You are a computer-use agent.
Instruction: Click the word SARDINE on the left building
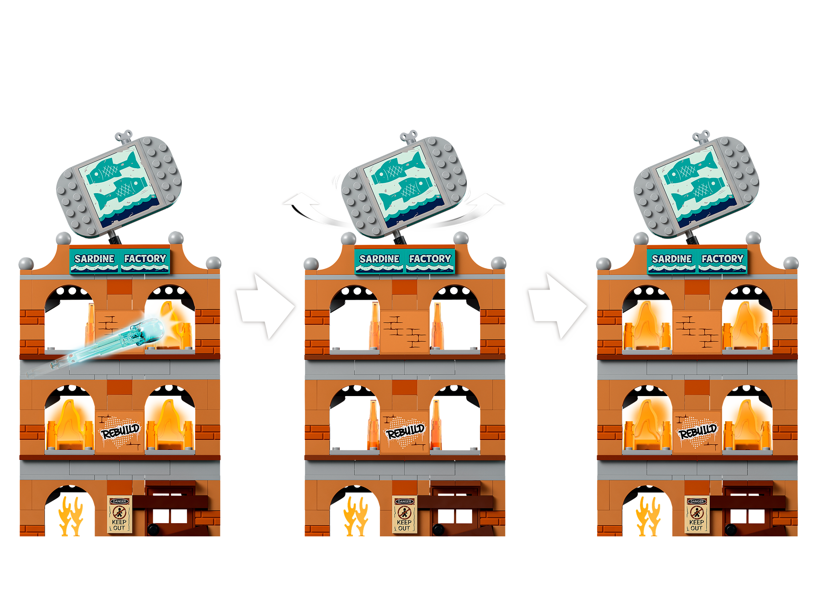click(x=94, y=258)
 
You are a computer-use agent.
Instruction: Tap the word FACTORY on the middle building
click(x=430, y=258)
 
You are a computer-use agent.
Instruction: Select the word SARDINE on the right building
click(x=672, y=258)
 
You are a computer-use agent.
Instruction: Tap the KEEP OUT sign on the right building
click(x=696, y=514)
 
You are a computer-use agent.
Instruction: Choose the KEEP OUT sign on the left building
click(x=119, y=514)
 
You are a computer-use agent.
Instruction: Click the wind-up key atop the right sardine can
click(x=701, y=136)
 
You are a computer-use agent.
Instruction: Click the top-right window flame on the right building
click(x=747, y=325)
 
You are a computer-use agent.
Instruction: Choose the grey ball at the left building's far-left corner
click(x=26, y=264)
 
